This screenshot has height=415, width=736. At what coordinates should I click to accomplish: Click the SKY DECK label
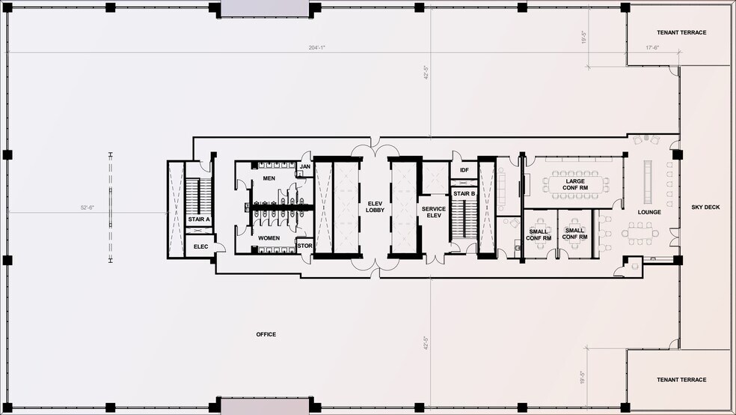click(705, 207)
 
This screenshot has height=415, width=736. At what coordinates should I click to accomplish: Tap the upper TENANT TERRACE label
click(681, 32)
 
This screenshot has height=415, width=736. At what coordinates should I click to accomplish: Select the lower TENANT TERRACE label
click(681, 380)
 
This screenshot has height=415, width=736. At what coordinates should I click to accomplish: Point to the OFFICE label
click(266, 335)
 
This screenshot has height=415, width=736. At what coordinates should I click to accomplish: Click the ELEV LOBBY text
click(375, 207)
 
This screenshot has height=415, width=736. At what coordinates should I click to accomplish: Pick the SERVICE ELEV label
click(434, 212)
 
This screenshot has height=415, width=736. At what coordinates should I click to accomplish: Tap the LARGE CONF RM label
click(575, 184)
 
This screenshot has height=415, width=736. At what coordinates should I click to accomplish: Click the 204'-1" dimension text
click(317, 47)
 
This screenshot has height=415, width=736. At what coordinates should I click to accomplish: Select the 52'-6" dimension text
click(88, 207)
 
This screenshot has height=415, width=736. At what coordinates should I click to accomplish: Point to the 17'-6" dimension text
click(652, 47)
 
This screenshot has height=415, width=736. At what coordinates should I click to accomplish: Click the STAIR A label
click(199, 219)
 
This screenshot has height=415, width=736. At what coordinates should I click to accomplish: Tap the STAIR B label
click(464, 193)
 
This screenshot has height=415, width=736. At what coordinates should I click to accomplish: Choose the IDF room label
click(464, 170)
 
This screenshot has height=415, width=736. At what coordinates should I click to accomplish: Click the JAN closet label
click(305, 167)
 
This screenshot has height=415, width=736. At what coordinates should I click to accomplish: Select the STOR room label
click(304, 246)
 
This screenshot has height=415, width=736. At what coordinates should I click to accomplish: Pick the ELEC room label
click(201, 246)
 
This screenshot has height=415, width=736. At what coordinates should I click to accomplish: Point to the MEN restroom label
click(269, 178)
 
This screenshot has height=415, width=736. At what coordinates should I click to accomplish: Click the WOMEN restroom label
click(269, 238)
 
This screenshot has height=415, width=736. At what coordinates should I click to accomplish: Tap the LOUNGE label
click(649, 213)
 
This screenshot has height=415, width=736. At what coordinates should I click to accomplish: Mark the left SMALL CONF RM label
click(539, 235)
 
